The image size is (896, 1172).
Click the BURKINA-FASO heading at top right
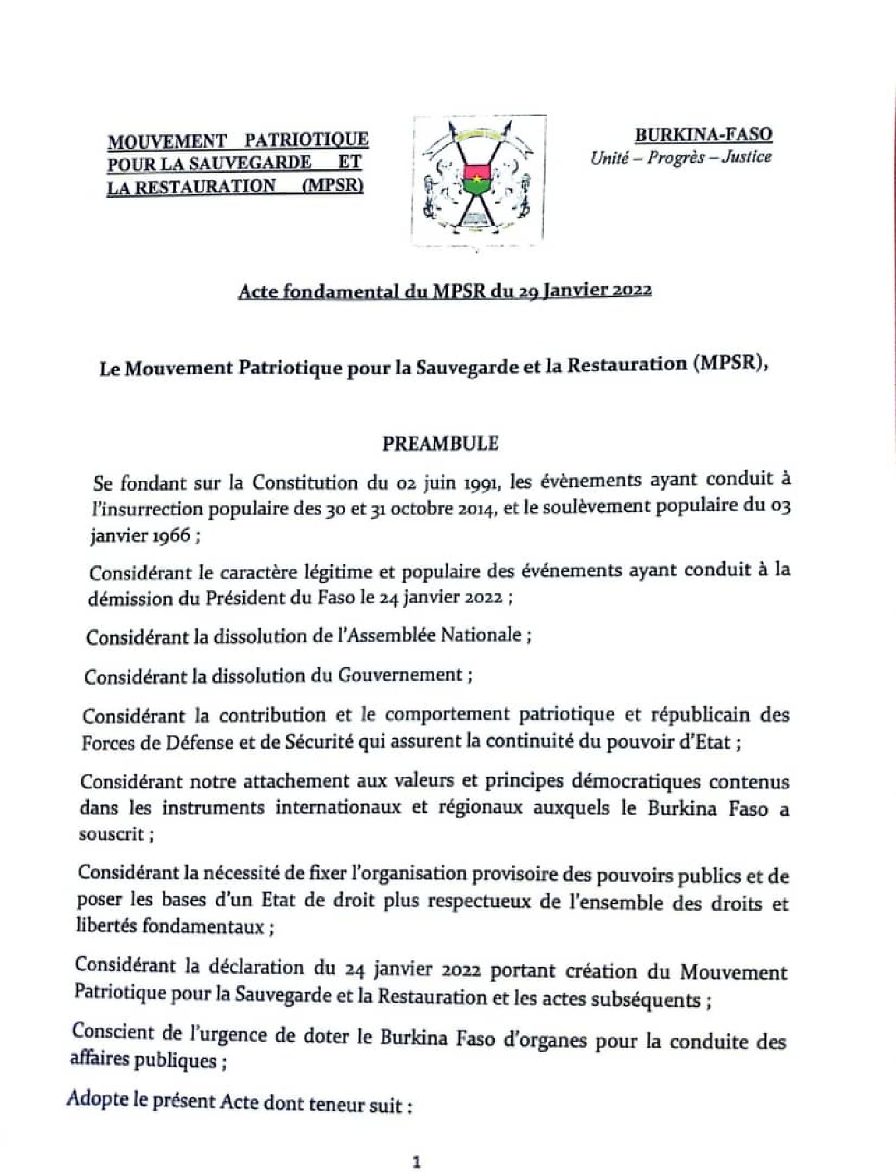704,134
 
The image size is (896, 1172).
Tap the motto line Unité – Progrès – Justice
680,157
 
